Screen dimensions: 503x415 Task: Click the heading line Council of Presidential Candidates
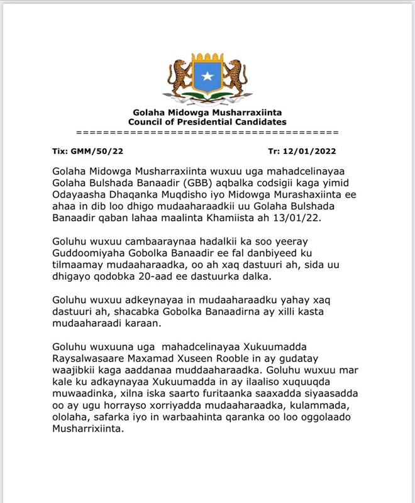(207, 122)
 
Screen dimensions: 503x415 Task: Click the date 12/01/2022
(311, 151)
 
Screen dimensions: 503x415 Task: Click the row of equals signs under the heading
(207, 133)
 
